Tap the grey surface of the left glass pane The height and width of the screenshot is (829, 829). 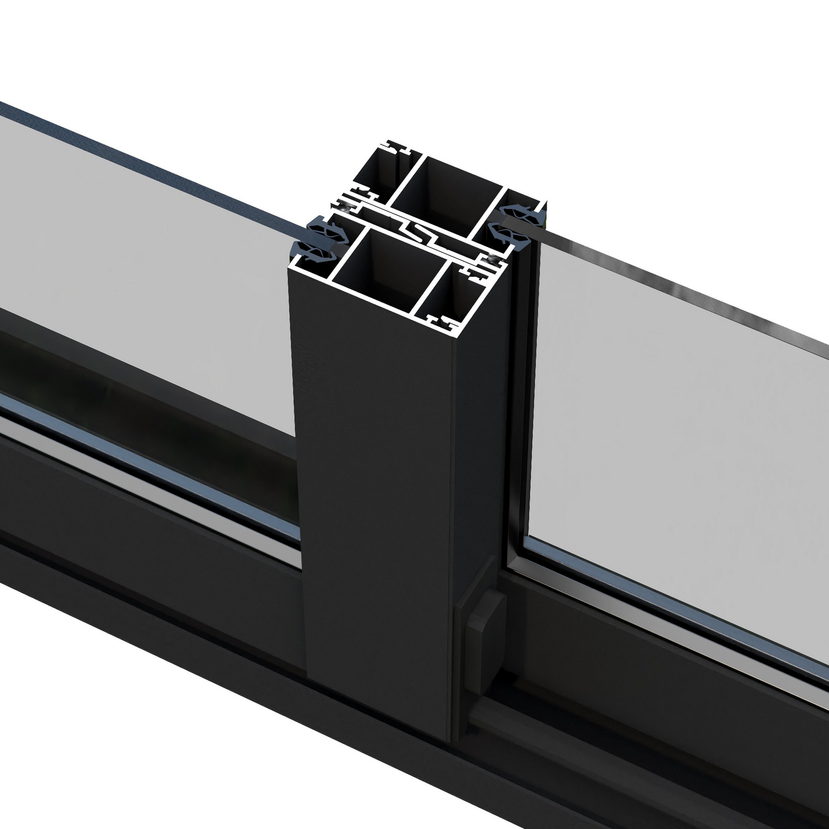point(150,257)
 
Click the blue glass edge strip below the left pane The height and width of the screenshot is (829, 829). point(150,468)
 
